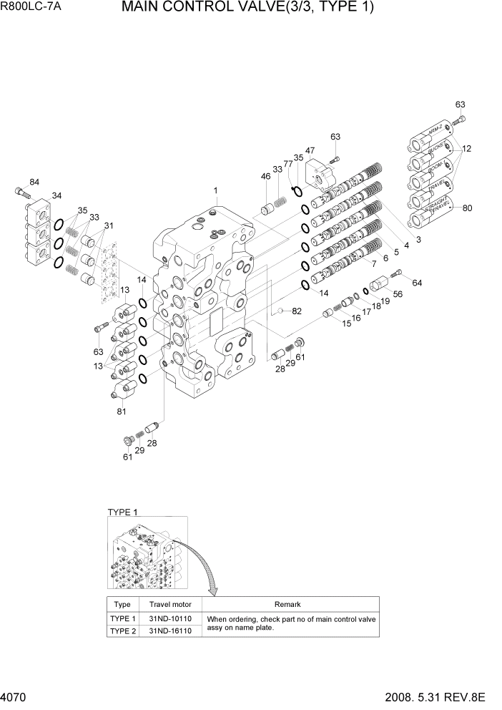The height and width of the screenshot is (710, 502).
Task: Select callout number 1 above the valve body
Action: coord(215,190)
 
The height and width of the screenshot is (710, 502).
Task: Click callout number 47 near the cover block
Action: coord(310,151)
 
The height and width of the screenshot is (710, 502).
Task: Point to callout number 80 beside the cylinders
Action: coord(467,209)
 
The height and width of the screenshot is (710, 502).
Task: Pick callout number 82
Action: coord(297,311)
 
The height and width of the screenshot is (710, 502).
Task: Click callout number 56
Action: coord(398,294)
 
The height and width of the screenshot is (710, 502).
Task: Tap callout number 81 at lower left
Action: coord(122,411)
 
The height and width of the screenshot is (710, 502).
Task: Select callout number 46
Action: coord(265,176)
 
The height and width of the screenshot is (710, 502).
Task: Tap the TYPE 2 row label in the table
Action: coord(122,631)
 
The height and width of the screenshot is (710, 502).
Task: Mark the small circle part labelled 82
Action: coord(282,311)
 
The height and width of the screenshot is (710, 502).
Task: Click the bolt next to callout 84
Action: coord(21,192)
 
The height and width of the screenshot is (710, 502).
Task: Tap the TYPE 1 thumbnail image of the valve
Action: coord(147,555)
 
